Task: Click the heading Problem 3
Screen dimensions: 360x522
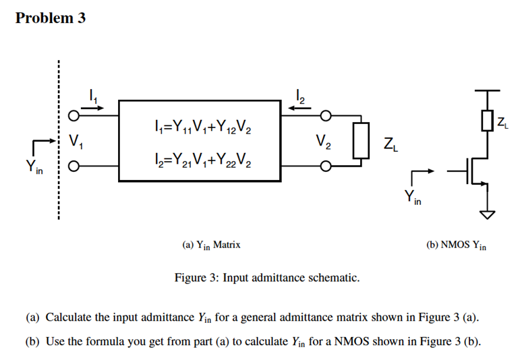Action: [51, 18]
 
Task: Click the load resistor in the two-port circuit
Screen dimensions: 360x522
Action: [362, 141]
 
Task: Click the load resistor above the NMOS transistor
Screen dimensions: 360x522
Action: [487, 122]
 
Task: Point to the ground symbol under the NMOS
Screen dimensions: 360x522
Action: [487, 215]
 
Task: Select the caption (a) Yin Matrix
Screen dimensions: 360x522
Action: [212, 246]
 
